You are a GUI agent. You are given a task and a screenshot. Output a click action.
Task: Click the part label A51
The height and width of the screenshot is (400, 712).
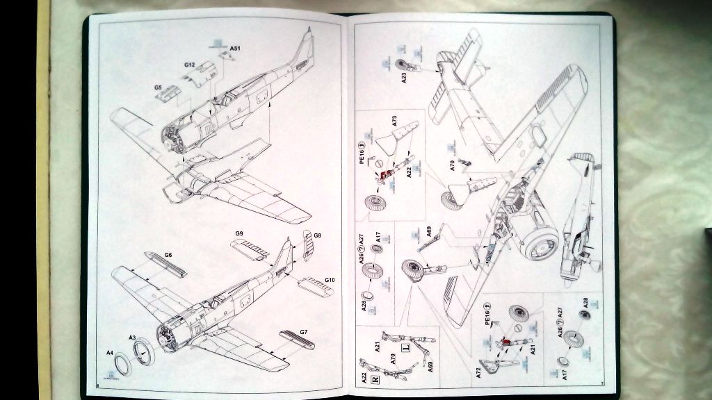[x=236, y=49]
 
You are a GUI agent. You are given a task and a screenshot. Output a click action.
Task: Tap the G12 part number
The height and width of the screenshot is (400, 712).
[x=189, y=65]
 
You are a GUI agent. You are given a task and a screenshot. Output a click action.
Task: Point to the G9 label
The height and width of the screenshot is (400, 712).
[x=238, y=233]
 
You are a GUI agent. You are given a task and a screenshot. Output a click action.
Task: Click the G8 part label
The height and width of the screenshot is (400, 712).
[x=317, y=236]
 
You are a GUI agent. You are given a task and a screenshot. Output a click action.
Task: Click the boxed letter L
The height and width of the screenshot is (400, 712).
[x=406, y=347]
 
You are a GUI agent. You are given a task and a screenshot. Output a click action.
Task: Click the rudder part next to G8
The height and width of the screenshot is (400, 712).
[x=308, y=245]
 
